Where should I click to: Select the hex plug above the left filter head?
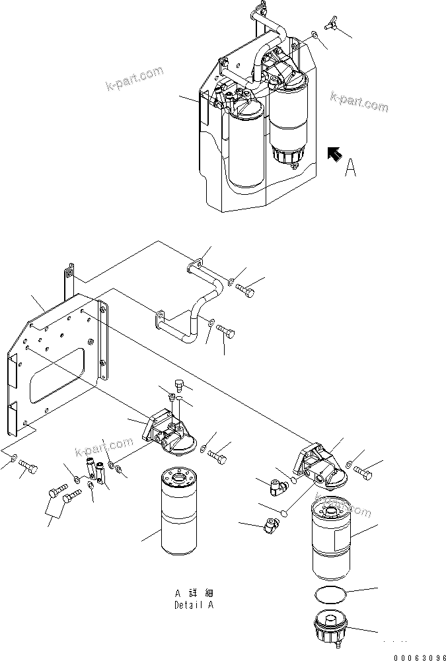(x=177, y=384)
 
